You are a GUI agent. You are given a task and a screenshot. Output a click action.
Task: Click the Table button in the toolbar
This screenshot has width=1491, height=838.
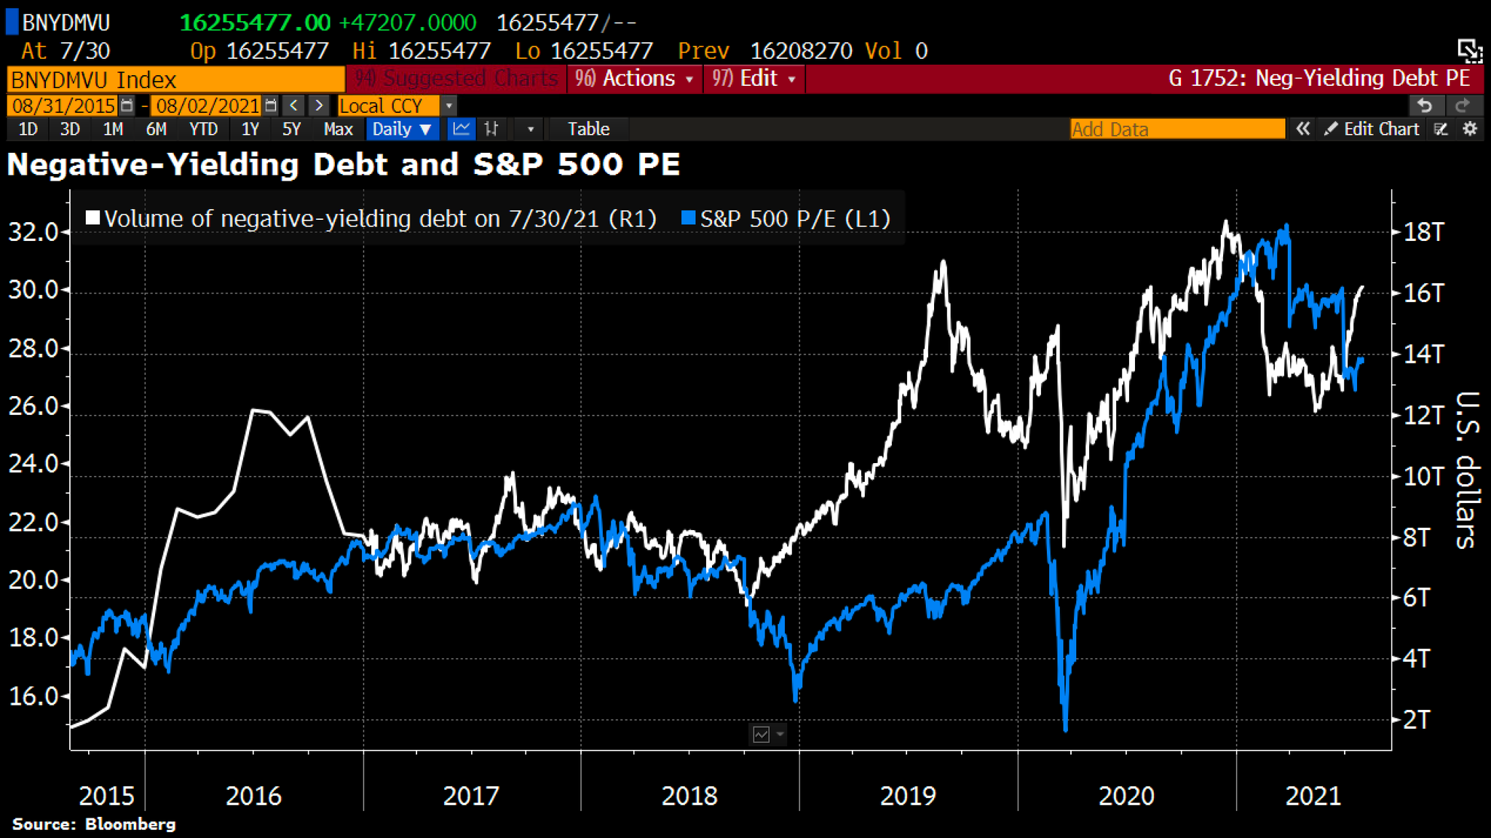point(588,129)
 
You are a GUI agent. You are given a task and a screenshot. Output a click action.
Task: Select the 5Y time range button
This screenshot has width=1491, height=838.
point(291,129)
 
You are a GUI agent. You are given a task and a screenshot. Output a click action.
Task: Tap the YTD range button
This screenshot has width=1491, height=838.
point(203,129)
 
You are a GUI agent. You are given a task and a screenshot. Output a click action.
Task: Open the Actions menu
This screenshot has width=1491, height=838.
point(633,78)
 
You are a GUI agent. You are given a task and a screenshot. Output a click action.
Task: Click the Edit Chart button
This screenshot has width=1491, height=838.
point(1372,129)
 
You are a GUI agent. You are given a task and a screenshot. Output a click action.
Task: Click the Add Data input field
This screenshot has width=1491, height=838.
point(1176,129)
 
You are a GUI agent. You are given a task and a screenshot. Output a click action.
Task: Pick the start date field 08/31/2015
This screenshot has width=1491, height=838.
point(63,106)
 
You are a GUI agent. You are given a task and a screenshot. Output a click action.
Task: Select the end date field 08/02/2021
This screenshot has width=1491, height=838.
point(207,106)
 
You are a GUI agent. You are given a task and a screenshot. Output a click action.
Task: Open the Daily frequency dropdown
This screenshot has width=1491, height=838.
point(402,129)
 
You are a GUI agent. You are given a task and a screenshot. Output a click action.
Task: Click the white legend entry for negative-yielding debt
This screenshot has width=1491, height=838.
point(371,218)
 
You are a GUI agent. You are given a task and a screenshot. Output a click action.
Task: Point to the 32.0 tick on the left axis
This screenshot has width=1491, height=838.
point(33,232)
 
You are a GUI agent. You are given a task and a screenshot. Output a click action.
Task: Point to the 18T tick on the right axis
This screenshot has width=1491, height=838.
point(1423,232)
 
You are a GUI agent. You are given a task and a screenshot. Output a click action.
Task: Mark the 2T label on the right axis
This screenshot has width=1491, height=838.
point(1417,719)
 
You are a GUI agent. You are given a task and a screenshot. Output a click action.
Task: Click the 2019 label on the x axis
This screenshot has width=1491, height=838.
point(907,795)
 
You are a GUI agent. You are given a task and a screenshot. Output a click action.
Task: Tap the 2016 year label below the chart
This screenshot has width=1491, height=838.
point(253,795)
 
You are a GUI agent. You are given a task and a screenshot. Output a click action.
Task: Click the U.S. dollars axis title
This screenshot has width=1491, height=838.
point(1466,470)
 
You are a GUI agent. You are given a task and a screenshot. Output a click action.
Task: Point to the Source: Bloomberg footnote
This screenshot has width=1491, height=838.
point(94,824)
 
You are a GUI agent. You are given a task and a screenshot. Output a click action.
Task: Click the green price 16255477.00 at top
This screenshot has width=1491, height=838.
point(255,23)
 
